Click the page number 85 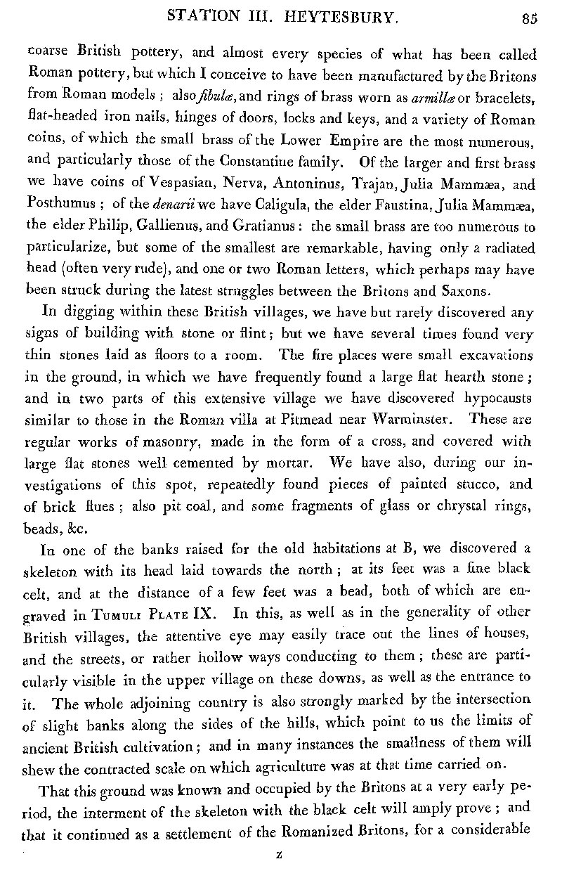pyautogui.click(x=529, y=19)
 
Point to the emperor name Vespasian pyautogui.click(x=185, y=186)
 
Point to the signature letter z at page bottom pyautogui.click(x=279, y=855)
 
